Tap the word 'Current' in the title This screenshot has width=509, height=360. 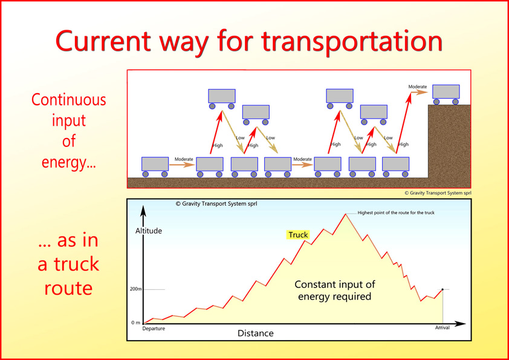pos(103,41)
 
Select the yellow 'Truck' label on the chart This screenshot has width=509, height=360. pos(298,235)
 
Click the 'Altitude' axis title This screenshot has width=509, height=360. pos(149,231)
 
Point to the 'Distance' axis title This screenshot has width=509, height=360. pos(256,333)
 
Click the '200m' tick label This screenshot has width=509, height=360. pos(135,289)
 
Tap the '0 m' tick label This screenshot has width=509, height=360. pos(135,322)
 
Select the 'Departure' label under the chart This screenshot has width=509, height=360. pos(154,329)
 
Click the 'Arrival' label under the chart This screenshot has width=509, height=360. pos(442,327)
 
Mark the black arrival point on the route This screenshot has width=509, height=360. pos(443,289)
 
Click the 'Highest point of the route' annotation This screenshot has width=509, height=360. pos(396,213)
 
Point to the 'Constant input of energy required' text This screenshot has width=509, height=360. pos(335,290)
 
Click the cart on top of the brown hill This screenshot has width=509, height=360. pos(446,94)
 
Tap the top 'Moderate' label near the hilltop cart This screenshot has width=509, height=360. pos(418,87)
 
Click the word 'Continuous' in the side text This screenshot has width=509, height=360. pos(69,100)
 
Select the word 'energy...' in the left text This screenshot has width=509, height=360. pos(69,162)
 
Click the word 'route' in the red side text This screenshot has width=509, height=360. pos(68,288)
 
